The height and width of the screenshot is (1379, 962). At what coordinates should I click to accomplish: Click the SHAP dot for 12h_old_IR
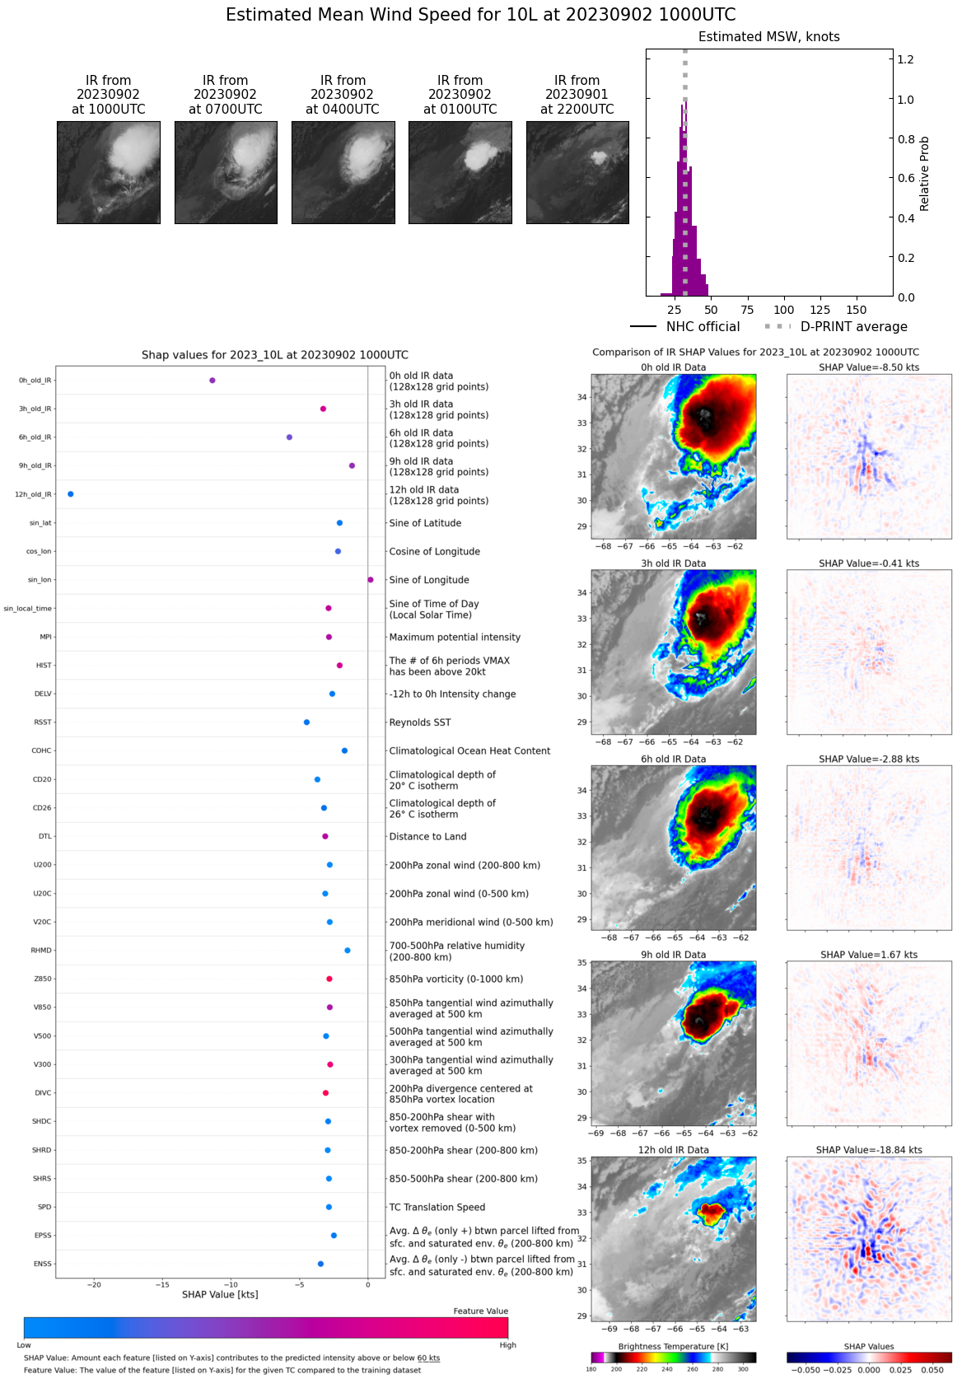71,494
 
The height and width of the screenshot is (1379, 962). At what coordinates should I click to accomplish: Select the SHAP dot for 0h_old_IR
212,381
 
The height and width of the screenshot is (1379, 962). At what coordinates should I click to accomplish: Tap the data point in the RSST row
306,722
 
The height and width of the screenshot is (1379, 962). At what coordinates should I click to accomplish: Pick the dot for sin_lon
371,580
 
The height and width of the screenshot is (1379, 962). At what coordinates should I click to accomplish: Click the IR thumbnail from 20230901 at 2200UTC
577,172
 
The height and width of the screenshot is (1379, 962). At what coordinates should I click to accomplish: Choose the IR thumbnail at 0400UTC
343,172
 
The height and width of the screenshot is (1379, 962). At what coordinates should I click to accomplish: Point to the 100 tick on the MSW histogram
784,310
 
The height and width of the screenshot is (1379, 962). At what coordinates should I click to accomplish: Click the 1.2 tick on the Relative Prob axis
905,59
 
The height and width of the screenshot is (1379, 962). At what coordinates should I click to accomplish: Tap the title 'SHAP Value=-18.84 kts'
869,1150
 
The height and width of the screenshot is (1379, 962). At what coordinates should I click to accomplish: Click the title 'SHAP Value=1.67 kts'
869,955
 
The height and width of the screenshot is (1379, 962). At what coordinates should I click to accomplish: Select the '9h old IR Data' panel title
673,955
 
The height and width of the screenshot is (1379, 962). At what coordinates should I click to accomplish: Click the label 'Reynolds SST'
420,722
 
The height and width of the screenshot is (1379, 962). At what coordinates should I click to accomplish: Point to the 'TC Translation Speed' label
437,1207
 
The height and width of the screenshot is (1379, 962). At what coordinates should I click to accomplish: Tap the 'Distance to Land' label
427,836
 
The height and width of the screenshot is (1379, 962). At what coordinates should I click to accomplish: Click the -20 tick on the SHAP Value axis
95,1284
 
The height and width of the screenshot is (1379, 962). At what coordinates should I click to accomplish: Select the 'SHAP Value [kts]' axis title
220,1295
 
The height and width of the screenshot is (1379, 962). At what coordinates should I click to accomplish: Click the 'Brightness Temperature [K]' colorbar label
673,1346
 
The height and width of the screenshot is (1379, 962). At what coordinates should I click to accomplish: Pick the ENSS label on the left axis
42,1264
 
